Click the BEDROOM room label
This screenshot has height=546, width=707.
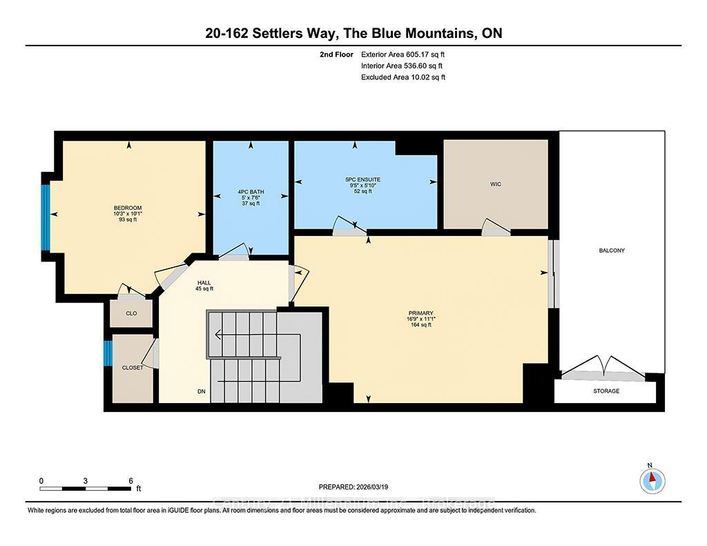128,208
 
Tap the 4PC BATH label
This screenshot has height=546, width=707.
250,192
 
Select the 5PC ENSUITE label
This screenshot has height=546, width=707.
362,179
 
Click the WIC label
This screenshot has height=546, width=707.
495,184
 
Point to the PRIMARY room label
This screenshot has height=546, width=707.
420,313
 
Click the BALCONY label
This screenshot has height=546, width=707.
611,251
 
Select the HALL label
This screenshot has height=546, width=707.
204,283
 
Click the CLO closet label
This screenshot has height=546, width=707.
131,313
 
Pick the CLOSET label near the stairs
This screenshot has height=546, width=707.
132,368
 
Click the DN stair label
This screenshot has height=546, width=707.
202,391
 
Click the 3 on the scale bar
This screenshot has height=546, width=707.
86,480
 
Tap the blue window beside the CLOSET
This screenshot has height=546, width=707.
107,353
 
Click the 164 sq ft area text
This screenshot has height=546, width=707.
420,325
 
